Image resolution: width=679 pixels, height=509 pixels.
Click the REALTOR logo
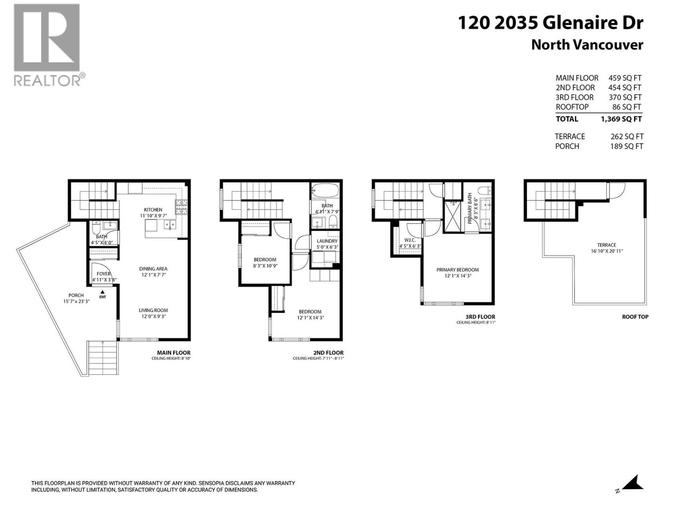[47, 45]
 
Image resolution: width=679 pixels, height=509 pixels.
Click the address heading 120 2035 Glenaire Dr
[550, 23]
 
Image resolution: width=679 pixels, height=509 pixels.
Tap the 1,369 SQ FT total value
[621, 119]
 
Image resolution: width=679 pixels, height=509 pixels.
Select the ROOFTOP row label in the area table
[572, 107]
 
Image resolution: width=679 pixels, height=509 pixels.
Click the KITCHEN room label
[153, 210]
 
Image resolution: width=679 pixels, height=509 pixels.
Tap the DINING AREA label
[153, 268]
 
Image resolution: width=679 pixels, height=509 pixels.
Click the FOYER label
[104, 274]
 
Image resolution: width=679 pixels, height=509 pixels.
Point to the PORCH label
[76, 295]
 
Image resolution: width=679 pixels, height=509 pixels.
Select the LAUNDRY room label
[327, 241]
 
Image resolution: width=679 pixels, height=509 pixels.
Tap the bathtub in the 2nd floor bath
[325, 190]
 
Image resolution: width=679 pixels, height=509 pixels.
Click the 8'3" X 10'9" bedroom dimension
[265, 266]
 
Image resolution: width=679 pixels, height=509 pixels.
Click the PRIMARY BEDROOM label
[457, 270]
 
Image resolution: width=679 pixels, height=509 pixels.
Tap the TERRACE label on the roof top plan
[606, 245]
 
